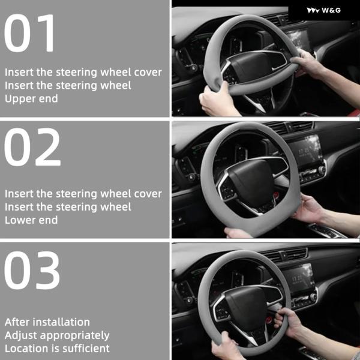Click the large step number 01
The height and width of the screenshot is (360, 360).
tap(29, 33)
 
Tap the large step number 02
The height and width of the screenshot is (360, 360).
tap(32, 147)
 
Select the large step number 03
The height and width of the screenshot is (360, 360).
tap(32, 271)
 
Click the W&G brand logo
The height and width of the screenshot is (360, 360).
tap(324, 10)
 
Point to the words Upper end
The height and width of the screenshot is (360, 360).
tap(31, 99)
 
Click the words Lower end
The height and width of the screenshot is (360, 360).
tap(31, 220)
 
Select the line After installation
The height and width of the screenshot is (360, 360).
tap(47, 322)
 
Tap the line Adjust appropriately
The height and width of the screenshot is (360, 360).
tap(57, 335)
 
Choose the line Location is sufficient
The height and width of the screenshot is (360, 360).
tap(57, 349)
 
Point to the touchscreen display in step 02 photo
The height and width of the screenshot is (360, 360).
tap(305, 151)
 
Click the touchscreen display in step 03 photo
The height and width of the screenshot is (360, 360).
tap(298, 278)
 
